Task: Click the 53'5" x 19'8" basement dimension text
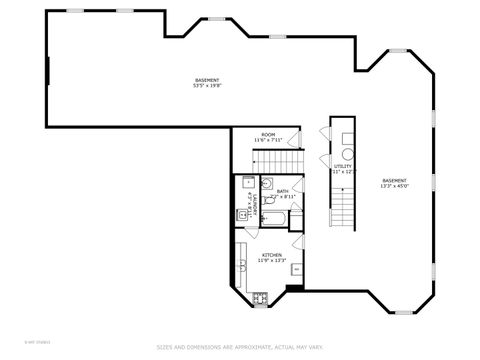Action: click(x=207, y=86)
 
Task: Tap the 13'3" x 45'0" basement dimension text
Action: click(x=393, y=186)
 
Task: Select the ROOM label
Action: click(x=268, y=134)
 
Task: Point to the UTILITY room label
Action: click(x=343, y=166)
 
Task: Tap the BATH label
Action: click(x=283, y=190)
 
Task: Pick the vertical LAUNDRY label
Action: click(x=255, y=202)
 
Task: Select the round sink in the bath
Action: click(x=267, y=184)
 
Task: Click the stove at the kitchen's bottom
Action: click(x=260, y=296)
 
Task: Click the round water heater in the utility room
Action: click(x=347, y=155)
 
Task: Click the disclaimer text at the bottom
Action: click(x=239, y=347)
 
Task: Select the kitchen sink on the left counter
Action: click(x=243, y=265)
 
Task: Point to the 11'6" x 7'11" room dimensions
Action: click(x=268, y=140)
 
